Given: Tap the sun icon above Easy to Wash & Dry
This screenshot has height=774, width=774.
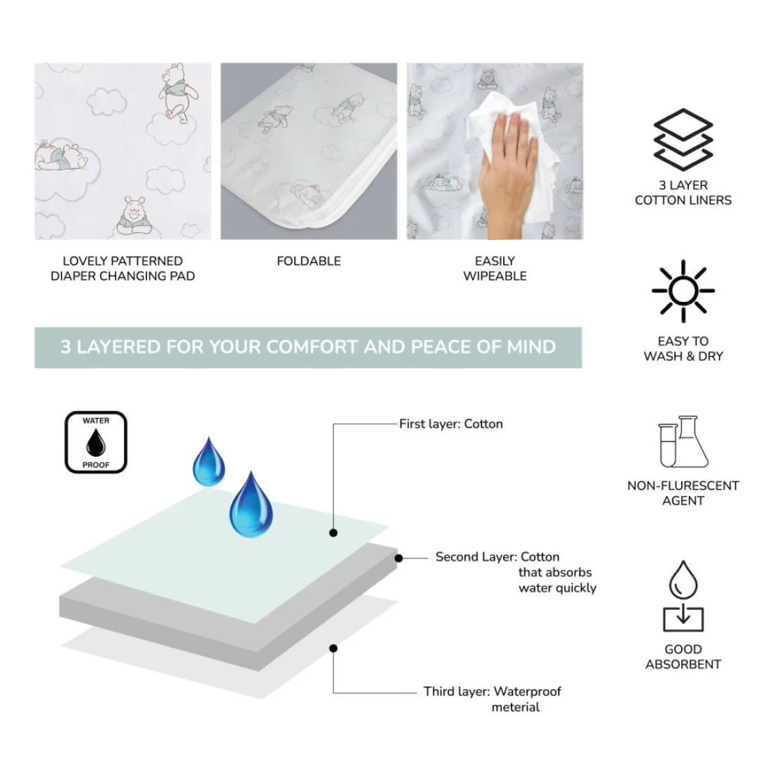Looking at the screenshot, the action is point(683,291).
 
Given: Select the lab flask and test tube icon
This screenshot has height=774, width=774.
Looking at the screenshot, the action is point(684,441).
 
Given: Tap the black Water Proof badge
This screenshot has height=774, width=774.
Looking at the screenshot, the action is point(96,443).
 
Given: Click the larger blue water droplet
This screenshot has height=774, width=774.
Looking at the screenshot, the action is point(250,504).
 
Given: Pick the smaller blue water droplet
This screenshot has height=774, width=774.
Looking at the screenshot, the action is point(209,462).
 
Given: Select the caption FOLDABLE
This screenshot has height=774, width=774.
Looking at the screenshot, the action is point(308,261).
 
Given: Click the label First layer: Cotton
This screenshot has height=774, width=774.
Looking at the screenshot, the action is point(450,424).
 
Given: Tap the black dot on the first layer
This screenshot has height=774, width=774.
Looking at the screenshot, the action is point(334,533).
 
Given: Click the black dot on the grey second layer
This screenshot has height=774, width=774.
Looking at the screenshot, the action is point(399,558).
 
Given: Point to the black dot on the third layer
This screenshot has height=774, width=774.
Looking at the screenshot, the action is point(334,648).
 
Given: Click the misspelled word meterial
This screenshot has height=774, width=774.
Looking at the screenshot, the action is point(515,707).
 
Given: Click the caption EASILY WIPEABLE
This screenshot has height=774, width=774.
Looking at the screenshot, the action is point(495,269).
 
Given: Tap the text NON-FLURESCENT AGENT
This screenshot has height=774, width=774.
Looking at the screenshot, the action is point(683,493).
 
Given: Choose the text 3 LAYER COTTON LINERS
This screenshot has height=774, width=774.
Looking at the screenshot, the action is point(683,193).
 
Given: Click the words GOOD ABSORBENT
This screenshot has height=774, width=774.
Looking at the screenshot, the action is point(683,657).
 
